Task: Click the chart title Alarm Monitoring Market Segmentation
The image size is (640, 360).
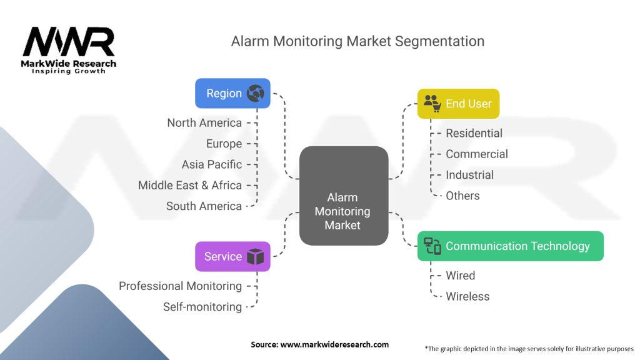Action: coord(357,41)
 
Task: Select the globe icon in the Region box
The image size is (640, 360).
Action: coord(255,94)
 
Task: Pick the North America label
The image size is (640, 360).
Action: coord(204,122)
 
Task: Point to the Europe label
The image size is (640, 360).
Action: coord(224,144)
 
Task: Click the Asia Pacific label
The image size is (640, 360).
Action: coord(212,164)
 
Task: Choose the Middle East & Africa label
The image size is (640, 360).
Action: coord(190,185)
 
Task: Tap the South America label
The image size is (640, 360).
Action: coord(204,206)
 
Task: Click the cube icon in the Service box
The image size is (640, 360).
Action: coord(255,257)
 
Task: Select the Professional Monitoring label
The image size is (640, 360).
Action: coord(180,286)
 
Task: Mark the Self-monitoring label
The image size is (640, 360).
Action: coord(202,307)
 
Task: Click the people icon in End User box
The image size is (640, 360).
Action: coord(432,104)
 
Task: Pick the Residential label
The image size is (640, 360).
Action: coord(474,133)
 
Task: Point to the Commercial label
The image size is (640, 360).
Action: coord(477,154)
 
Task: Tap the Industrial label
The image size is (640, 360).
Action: coord(469,175)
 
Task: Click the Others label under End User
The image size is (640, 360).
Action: coord(462,196)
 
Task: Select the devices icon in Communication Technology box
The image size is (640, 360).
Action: coord(432,246)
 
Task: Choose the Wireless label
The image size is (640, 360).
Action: coord(467,296)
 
